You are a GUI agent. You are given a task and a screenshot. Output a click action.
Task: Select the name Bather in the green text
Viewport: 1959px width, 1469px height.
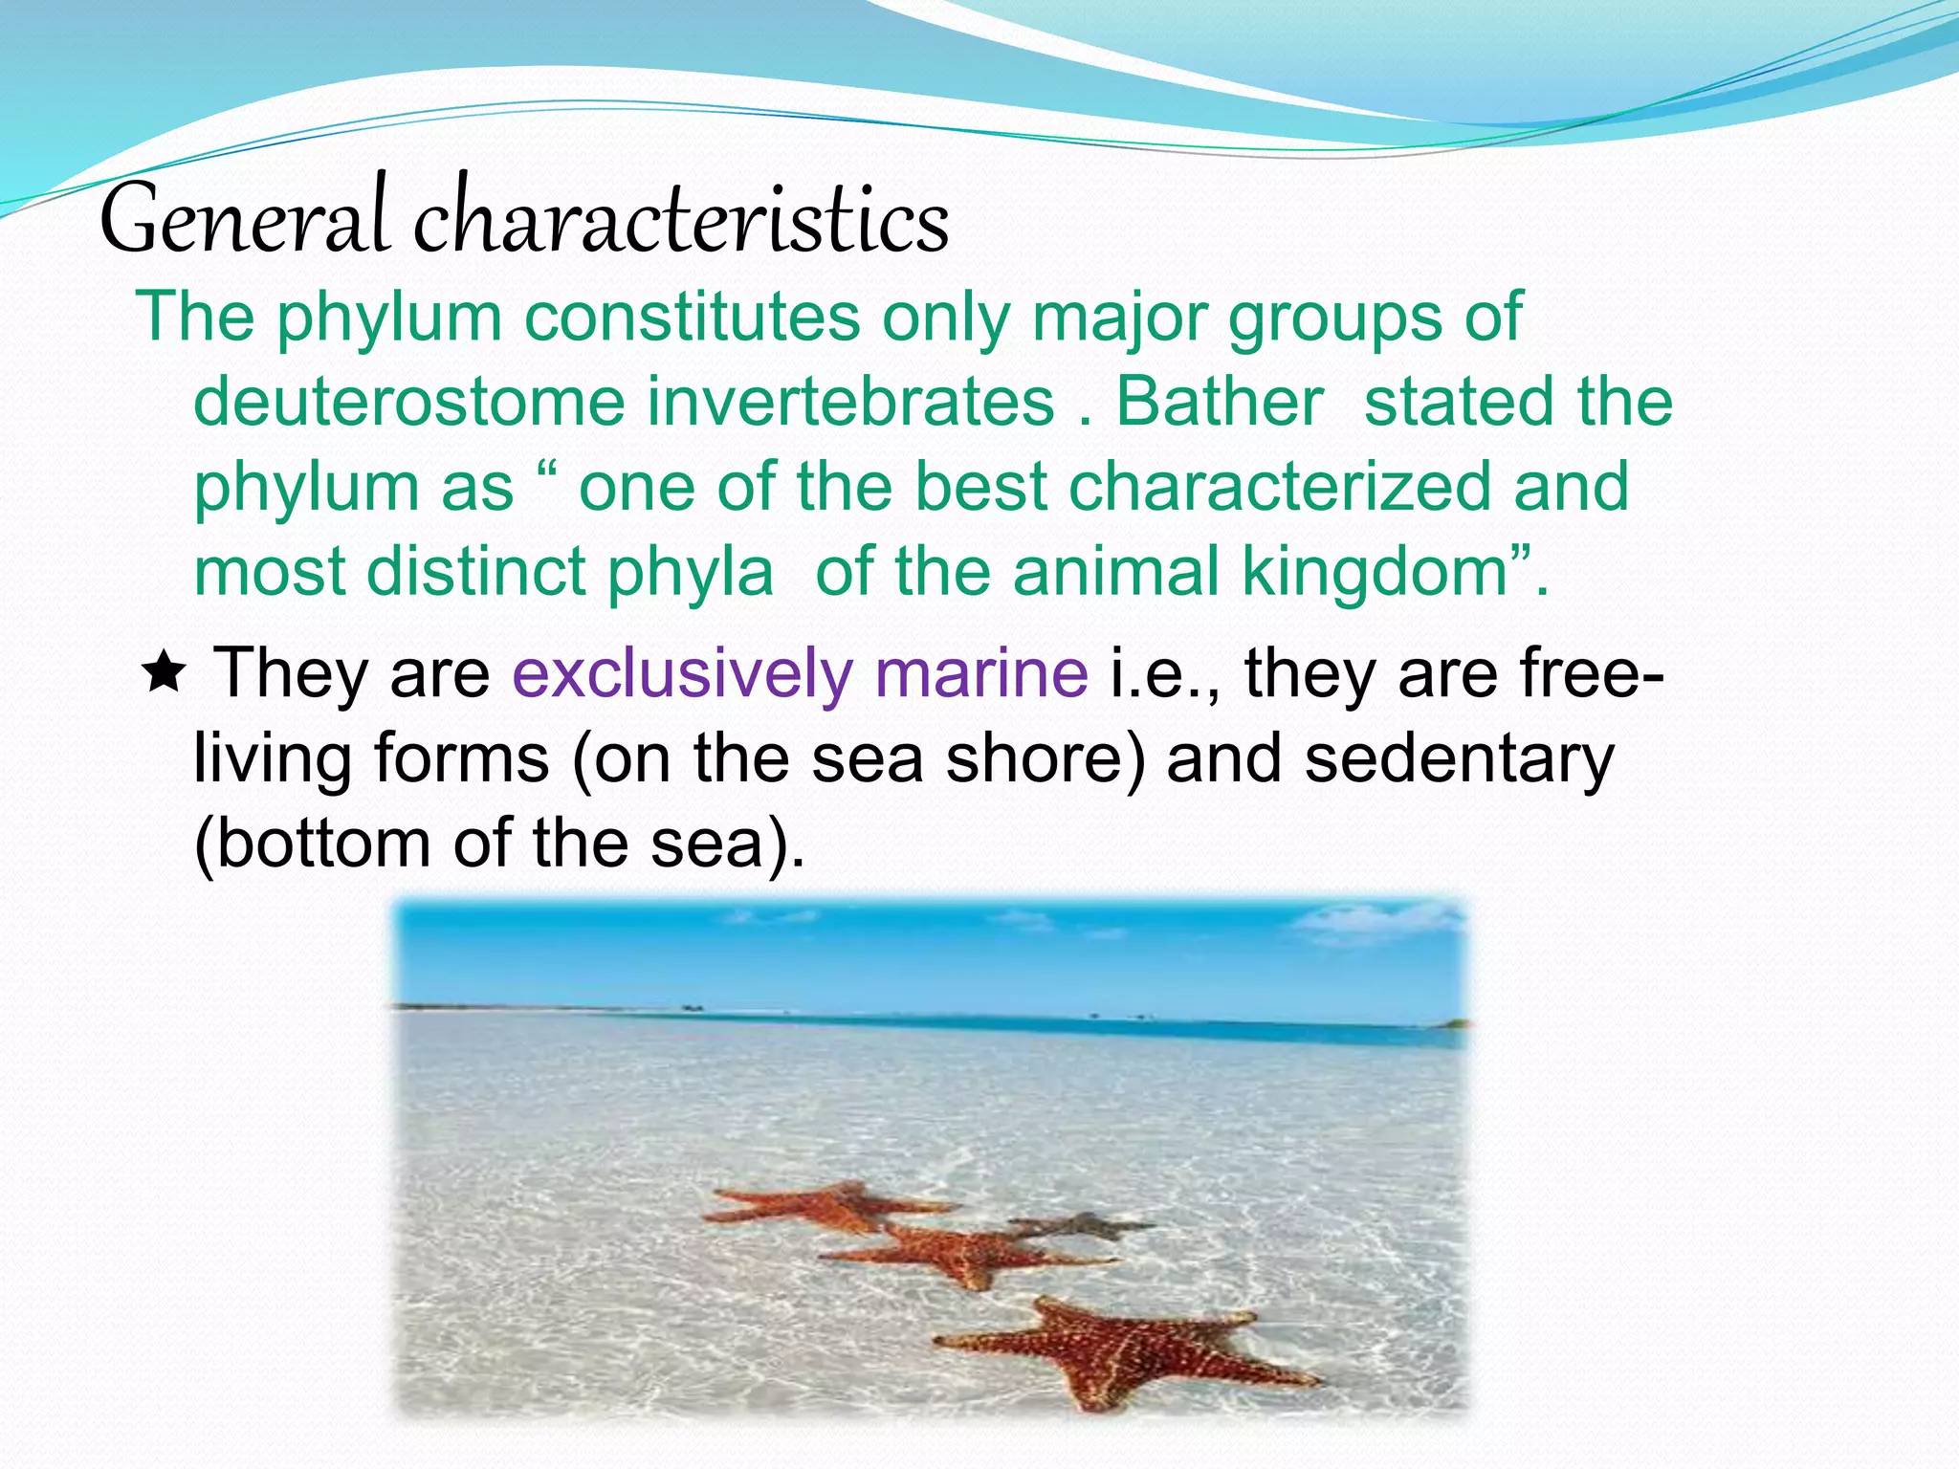click(x=1219, y=402)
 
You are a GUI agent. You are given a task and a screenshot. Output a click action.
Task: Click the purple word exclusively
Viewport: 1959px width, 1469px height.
click(x=682, y=673)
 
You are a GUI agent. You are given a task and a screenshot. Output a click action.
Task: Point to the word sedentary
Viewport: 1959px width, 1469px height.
click(x=1460, y=758)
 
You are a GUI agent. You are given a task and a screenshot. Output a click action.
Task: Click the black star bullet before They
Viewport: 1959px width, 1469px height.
click(x=165, y=673)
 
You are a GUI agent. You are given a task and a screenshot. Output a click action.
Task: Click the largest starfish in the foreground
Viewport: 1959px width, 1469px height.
click(x=1119, y=1348)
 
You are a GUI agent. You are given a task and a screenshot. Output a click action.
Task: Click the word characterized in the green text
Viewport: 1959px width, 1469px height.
click(x=1280, y=487)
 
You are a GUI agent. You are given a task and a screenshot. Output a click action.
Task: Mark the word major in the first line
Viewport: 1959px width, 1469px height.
click(x=1119, y=318)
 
